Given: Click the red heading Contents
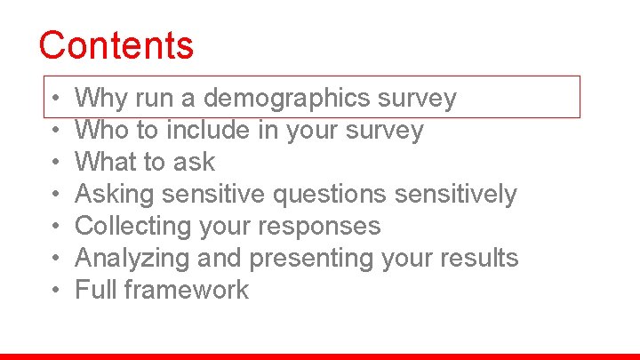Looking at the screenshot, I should (x=116, y=44).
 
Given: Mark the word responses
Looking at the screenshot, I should (x=326, y=226).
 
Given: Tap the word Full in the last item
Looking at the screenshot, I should (x=94, y=290).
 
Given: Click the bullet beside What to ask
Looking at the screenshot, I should (x=54, y=163).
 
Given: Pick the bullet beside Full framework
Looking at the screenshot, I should (x=54, y=291).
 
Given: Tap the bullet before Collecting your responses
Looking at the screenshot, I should (x=54, y=227).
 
